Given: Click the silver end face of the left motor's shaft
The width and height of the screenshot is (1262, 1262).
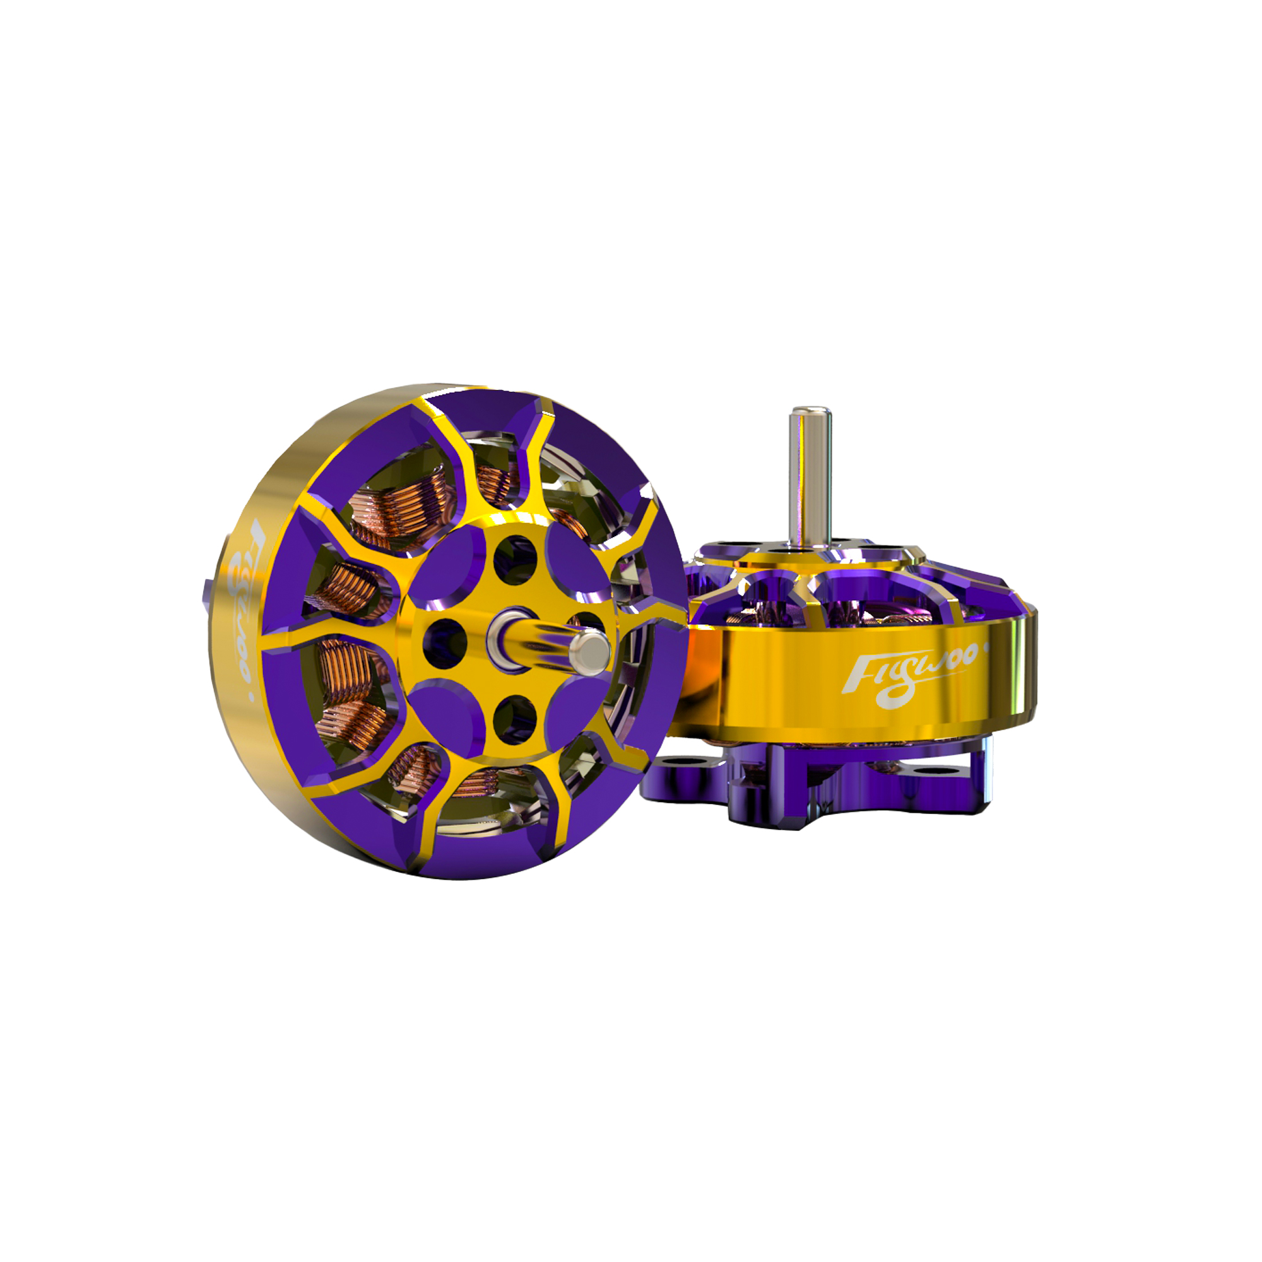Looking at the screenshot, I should (589, 652).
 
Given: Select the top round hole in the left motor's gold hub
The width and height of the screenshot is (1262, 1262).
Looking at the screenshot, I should (516, 560).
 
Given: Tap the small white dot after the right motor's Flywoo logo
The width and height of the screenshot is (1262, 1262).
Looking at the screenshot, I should (986, 649).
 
